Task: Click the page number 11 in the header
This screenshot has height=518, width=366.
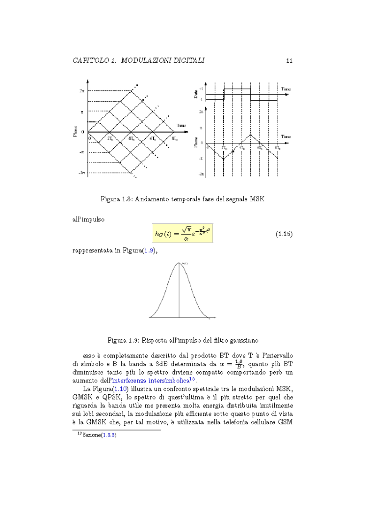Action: point(289,60)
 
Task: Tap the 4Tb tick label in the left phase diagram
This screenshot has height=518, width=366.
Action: point(132,138)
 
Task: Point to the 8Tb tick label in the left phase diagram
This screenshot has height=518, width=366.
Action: point(175,138)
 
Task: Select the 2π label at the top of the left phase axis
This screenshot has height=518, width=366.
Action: point(81,91)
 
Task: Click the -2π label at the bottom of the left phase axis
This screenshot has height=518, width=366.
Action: point(81,173)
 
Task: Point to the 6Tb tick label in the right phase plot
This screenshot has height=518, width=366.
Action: point(260,147)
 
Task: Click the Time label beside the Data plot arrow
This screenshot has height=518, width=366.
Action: point(285,89)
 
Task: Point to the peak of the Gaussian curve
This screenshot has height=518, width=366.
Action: point(179,264)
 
